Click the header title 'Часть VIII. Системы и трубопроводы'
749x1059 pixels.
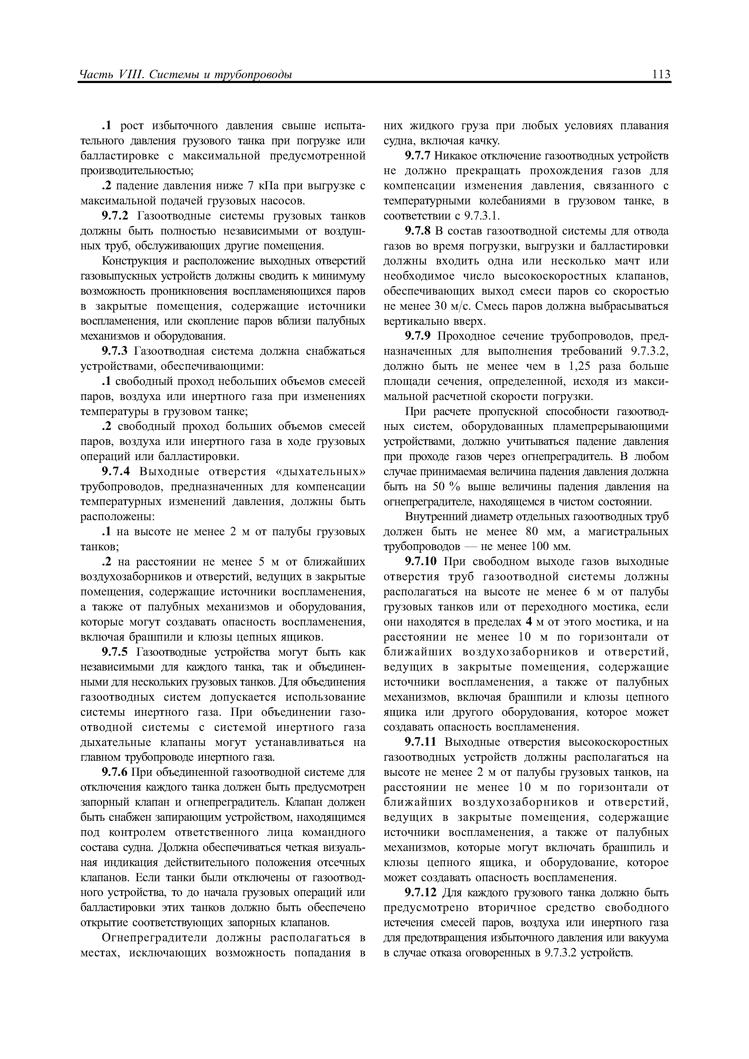tap(186, 75)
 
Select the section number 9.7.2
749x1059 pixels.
tap(116, 216)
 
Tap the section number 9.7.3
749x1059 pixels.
tap(116, 351)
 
